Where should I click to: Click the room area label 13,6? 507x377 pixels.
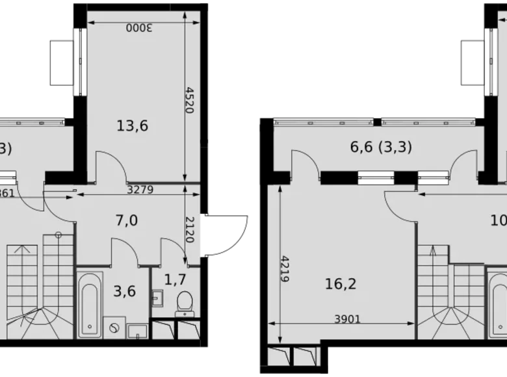133,125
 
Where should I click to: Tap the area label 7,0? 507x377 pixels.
126,220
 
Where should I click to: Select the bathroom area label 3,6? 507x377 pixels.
125,291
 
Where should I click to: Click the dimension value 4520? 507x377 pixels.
190,100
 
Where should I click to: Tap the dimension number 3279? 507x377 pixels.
141,190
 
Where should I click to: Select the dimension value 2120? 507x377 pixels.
190,229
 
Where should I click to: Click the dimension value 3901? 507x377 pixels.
348,319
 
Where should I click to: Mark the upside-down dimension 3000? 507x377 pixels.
139,28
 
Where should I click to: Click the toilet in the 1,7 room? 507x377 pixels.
184,302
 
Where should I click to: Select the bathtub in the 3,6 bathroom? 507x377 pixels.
90,304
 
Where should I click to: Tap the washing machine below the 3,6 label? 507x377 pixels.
114,328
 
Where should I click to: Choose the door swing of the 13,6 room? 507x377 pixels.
111,166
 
